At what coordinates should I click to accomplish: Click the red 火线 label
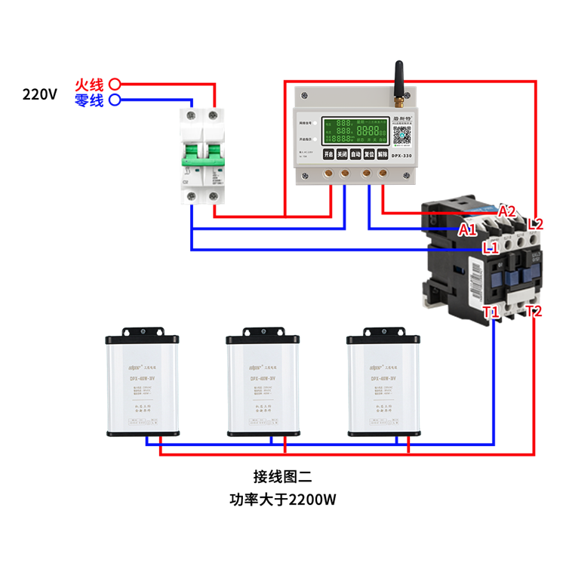[x=89, y=84]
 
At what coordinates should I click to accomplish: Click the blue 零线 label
[x=89, y=100]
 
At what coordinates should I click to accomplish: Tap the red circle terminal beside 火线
[x=115, y=84]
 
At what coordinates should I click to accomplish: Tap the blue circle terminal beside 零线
[x=115, y=100]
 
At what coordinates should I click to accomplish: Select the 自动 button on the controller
[x=355, y=154]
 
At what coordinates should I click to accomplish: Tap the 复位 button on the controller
[x=369, y=154]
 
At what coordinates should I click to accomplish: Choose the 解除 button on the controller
[x=383, y=154]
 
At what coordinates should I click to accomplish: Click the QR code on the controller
[x=401, y=136]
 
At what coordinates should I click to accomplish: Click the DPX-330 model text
[x=401, y=154]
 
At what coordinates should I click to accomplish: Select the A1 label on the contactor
[x=467, y=229]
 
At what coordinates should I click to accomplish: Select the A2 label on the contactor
[x=507, y=211]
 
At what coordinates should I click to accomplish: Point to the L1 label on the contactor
[x=491, y=247]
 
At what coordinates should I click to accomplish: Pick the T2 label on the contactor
[x=534, y=311]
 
